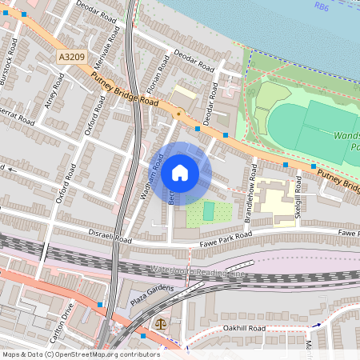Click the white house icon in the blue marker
coord(180,173)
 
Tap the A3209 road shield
coord(70,58)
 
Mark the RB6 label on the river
coord(322,6)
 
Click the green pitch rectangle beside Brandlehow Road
coord(209,211)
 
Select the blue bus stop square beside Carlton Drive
coord(100,305)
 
